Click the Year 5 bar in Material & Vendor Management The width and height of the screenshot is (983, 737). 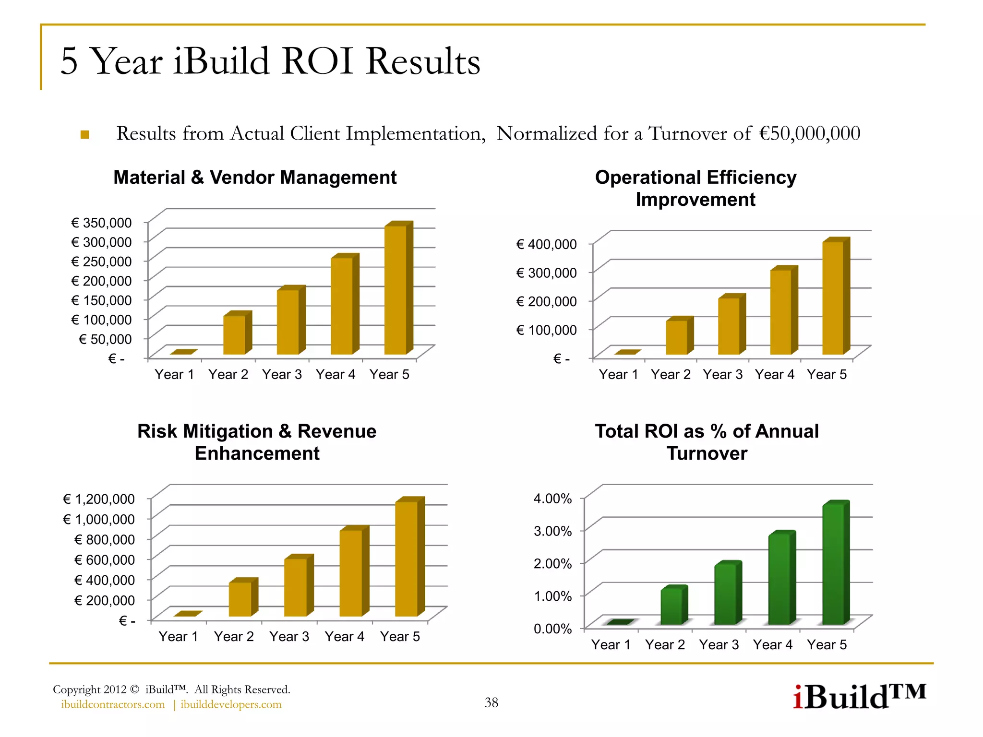coord(396,290)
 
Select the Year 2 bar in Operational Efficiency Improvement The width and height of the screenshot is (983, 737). coord(677,337)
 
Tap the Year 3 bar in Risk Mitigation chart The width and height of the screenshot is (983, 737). coord(296,587)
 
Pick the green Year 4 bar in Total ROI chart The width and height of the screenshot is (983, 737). coord(779,579)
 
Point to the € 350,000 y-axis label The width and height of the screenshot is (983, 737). coord(101,223)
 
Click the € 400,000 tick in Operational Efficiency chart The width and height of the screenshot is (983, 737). coord(546,244)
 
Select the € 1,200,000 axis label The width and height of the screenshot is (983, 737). coord(99,499)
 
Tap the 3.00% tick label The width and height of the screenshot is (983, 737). coord(552,531)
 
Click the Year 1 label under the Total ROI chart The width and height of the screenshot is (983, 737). coord(611,644)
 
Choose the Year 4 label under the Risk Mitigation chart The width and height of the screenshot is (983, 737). coord(344,636)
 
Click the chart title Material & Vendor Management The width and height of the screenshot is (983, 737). coord(255,178)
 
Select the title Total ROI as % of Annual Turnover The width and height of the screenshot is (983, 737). coord(707,442)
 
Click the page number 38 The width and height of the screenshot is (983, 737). coord(491,702)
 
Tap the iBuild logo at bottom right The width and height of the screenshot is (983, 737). coord(859,697)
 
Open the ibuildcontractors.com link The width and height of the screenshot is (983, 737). coord(113,704)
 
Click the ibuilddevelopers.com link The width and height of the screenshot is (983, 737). coord(231,704)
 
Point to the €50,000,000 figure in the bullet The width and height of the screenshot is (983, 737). coord(810,133)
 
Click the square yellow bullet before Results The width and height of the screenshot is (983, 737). coord(85,134)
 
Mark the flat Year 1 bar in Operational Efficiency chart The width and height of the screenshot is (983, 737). coord(628,352)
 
